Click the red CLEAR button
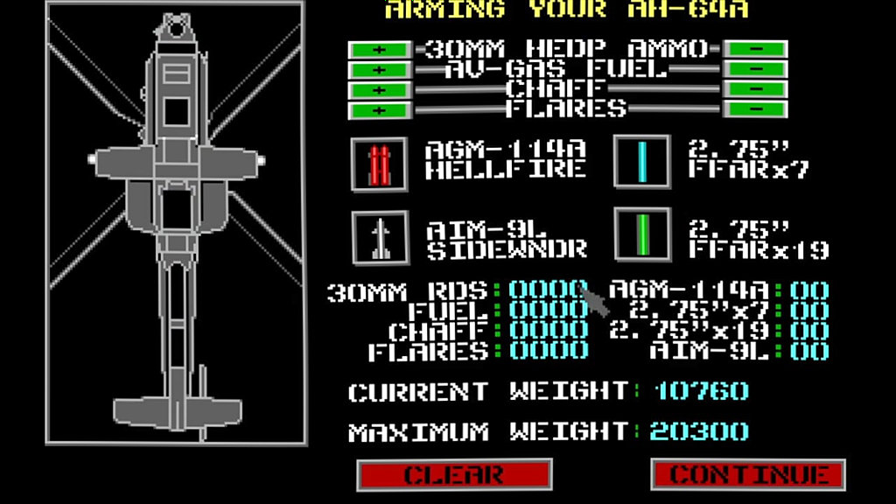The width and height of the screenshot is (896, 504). click(454, 474)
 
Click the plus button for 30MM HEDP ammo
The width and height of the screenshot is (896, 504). click(380, 50)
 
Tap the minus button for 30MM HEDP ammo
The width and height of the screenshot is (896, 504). click(755, 49)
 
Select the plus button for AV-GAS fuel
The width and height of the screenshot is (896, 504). click(380, 70)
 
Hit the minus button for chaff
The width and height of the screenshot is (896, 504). click(755, 89)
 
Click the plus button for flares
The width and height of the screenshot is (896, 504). click(380, 109)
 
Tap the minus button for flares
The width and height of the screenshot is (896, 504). click(755, 108)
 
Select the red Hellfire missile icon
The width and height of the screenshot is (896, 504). click(380, 164)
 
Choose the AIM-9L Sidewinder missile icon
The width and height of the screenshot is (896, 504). click(381, 238)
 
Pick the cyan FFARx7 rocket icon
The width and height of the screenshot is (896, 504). click(642, 162)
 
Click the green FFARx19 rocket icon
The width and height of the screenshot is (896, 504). click(643, 234)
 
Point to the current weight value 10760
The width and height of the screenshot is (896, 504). click(701, 391)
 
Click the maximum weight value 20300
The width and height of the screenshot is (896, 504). click(699, 431)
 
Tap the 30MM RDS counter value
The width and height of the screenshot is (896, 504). click(549, 290)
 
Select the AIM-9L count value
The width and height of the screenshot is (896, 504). click(809, 351)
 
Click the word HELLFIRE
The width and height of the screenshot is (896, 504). click(506, 170)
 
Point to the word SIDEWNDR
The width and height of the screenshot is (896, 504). click(507, 249)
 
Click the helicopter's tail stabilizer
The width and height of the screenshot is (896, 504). click(177, 412)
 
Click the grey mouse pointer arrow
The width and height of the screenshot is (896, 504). click(594, 301)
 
